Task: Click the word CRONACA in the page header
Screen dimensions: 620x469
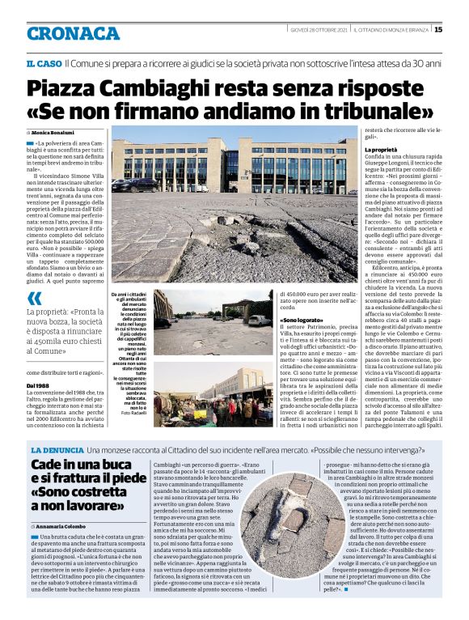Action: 73,33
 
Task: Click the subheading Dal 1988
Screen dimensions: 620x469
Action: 38,384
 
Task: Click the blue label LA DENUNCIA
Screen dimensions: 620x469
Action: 57,449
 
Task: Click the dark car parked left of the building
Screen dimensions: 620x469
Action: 125,185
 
